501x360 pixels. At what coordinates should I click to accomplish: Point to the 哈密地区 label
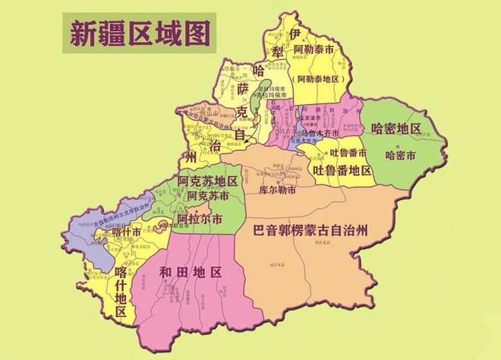pyautogui.click(x=395, y=128)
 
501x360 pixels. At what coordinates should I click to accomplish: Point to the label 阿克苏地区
pyautogui.click(x=207, y=182)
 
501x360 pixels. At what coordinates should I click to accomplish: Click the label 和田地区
pyautogui.click(x=191, y=271)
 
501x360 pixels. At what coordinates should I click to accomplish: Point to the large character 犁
pyautogui.click(x=276, y=50)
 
